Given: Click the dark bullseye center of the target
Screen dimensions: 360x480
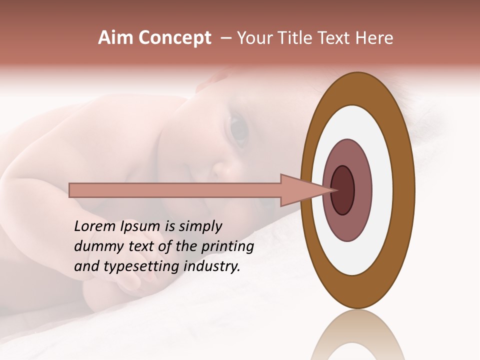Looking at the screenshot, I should [342, 190].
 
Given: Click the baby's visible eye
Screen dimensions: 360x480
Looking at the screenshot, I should [239, 129].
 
